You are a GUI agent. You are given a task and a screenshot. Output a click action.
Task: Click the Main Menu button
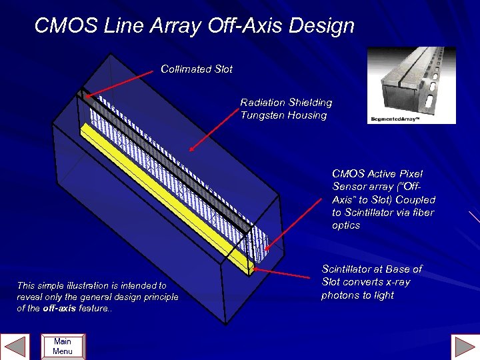pyautogui.click(x=63, y=347)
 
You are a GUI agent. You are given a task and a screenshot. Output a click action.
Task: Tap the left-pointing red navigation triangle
pyautogui.click(x=15, y=346)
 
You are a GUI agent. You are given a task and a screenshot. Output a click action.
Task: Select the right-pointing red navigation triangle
pyautogui.click(x=465, y=346)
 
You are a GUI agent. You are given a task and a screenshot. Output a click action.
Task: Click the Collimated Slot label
pyautogui.click(x=197, y=69)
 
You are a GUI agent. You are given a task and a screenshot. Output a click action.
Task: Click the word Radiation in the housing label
pyautogui.click(x=262, y=103)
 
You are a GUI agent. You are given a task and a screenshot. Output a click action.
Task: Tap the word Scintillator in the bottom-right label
pyautogui.click(x=349, y=269)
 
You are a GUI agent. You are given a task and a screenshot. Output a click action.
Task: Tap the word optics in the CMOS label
pyautogui.click(x=346, y=225)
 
